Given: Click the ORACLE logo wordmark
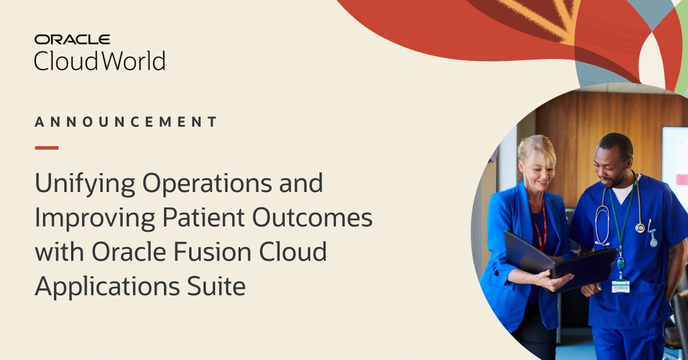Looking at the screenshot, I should coord(72,40).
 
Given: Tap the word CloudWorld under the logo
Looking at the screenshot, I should coord(99,60).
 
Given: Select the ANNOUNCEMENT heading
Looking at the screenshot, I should coord(126,122).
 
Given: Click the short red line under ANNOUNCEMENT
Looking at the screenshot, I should coord(46,148).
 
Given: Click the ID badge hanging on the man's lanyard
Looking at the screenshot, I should coord(620,285).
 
